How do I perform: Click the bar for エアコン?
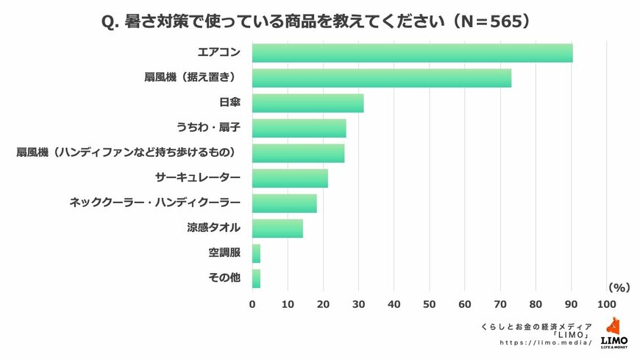pos(412,53)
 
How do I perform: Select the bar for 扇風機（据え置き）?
pos(381,78)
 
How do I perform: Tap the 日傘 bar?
pos(307,103)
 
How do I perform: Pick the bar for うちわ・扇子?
pos(299,128)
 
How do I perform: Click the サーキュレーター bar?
pos(290,178)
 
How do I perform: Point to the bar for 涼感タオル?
pos(277,228)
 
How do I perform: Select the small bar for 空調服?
pos(256,253)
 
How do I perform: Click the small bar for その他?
pos(256,278)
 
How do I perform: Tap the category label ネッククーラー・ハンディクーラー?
pos(154,203)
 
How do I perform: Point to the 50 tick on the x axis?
pos(430,303)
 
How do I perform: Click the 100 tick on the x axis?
pos(607,303)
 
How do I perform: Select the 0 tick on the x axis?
pos(252,303)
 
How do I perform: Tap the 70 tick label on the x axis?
pos(500,303)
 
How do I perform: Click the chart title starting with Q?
pos(315,22)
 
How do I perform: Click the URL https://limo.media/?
pos(545,343)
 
